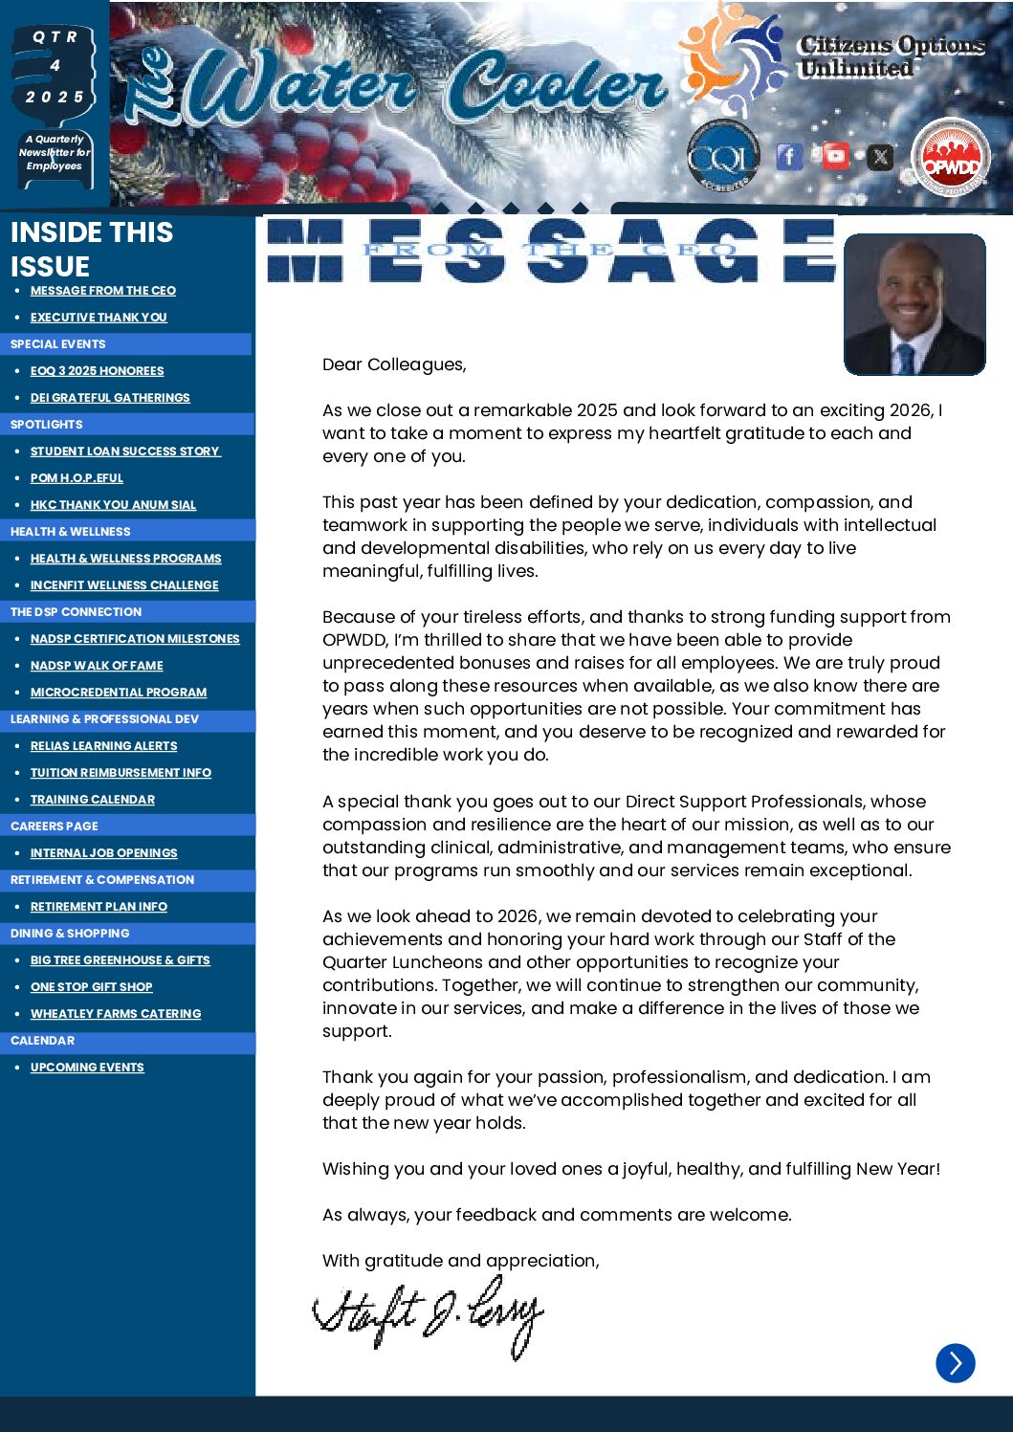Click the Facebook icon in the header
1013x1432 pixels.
click(x=789, y=156)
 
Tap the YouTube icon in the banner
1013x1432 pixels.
click(x=835, y=155)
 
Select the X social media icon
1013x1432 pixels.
click(x=880, y=156)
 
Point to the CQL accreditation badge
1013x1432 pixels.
click(x=722, y=156)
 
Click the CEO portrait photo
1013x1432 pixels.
click(x=914, y=304)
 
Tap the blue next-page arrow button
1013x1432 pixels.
click(x=955, y=1363)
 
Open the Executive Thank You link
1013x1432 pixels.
click(x=99, y=318)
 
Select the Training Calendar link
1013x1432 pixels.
click(x=93, y=800)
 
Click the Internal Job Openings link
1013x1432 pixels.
click(x=104, y=853)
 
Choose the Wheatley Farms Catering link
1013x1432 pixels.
click(x=116, y=1014)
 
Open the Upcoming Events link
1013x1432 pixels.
click(x=87, y=1068)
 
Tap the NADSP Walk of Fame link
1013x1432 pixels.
click(x=97, y=666)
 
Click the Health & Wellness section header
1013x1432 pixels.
click(x=71, y=532)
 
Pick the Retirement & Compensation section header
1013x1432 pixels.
click(x=102, y=880)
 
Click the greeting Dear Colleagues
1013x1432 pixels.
click(x=394, y=364)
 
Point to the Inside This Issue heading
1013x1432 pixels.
click(x=92, y=249)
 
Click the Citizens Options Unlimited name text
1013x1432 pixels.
click(x=892, y=56)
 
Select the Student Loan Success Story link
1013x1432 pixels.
click(x=125, y=452)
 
